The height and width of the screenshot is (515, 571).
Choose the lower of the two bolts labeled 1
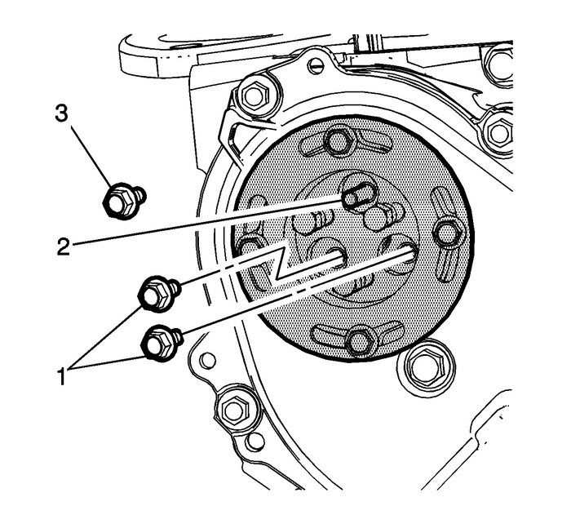pyautogui.click(x=159, y=341)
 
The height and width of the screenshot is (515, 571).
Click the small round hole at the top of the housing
pyautogui.click(x=316, y=65)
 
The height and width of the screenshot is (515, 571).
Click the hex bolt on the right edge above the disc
pyautogui.click(x=498, y=131)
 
